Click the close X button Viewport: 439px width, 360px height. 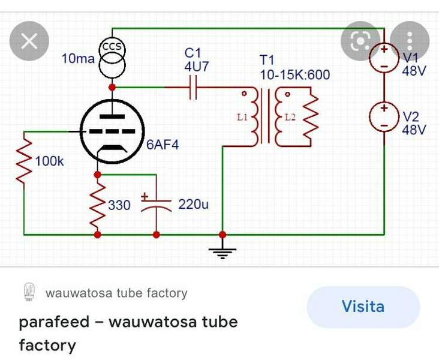pyautogui.click(x=29, y=41)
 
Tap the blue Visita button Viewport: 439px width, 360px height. pyautogui.click(x=363, y=307)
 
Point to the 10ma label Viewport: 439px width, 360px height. pyautogui.click(x=78, y=59)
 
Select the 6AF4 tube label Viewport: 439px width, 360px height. pyautogui.click(x=162, y=145)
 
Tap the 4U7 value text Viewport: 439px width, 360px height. pyautogui.click(x=196, y=67)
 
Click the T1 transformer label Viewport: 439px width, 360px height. pyautogui.click(x=267, y=61)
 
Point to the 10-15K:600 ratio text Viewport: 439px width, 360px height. pyautogui.click(x=294, y=75)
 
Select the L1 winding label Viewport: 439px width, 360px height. pyautogui.click(x=242, y=117)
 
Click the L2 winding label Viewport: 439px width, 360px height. pyautogui.click(x=290, y=117)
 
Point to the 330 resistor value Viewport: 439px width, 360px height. pyautogui.click(x=119, y=205)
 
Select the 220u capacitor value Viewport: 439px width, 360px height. pyautogui.click(x=193, y=205)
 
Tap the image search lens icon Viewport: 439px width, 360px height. pyautogui.click(x=360, y=41)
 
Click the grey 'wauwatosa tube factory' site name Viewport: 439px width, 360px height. pyautogui.click(x=116, y=293)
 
